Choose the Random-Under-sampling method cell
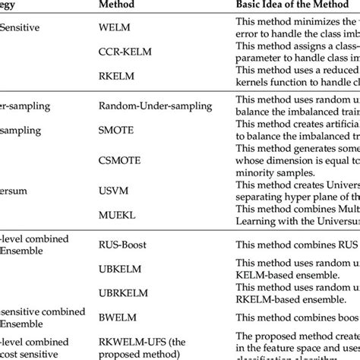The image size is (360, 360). point(147,108)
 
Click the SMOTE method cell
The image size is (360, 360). point(116,130)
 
